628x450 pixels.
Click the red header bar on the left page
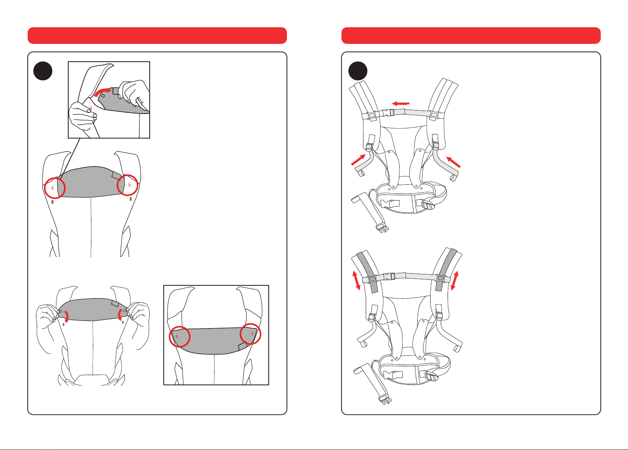tap(157, 36)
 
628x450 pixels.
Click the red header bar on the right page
tap(471, 36)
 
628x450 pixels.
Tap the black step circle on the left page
tap(43, 71)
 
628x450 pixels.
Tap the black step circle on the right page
tap(357, 71)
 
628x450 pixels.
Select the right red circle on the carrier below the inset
tap(127, 185)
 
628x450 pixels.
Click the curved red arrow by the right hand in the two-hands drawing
tap(121, 315)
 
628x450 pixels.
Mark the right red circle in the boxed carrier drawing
tap(251, 334)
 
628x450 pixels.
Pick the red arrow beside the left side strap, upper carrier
tap(359, 159)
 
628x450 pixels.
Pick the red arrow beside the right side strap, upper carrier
tap(454, 162)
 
